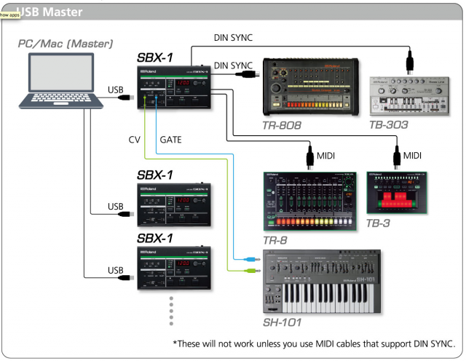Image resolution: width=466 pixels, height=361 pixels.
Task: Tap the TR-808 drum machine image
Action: (x=312, y=87)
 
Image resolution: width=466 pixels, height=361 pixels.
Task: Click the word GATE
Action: (x=171, y=138)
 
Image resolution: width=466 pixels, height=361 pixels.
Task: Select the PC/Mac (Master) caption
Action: (x=66, y=44)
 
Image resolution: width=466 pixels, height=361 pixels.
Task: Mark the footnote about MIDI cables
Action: (x=313, y=344)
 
